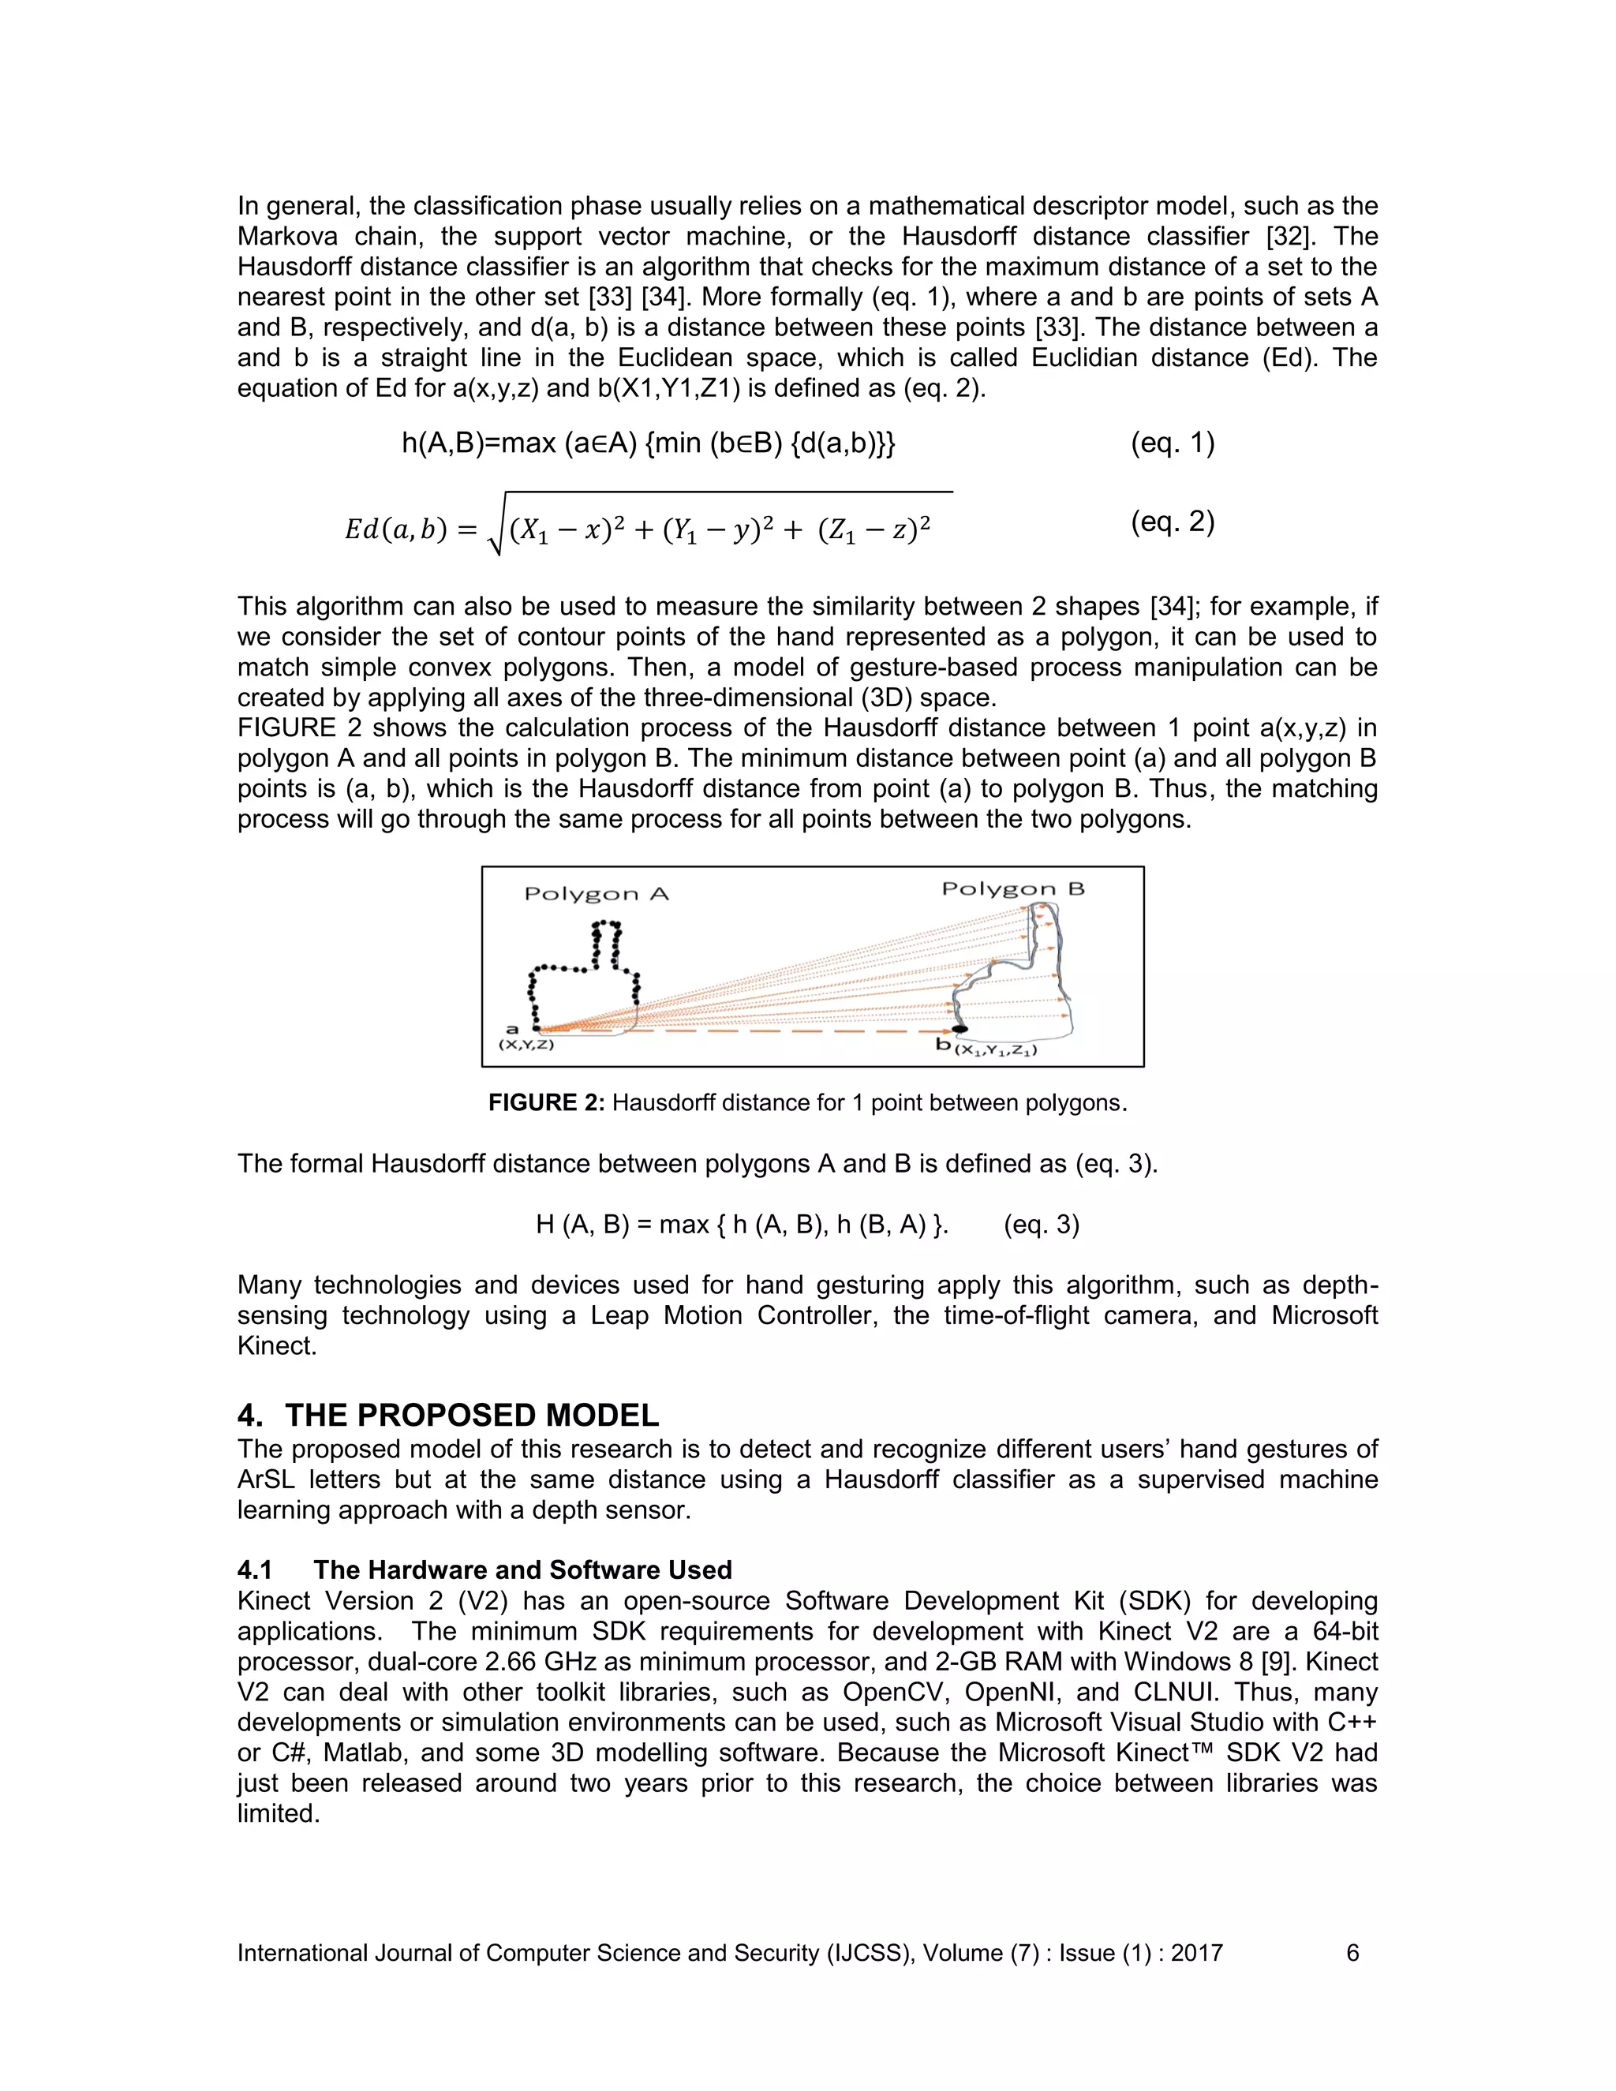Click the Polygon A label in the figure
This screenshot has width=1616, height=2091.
[x=596, y=894]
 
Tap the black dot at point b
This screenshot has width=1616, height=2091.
[x=959, y=1029]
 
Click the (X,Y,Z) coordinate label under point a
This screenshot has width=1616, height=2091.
[x=526, y=1045]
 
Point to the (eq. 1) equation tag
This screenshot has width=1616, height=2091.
[x=1172, y=443]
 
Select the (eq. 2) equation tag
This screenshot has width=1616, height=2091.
[x=1172, y=522]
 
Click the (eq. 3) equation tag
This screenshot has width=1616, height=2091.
[x=1041, y=1225]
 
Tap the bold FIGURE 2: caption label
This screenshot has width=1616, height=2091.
[x=546, y=1103]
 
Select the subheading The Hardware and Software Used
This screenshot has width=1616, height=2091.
[x=522, y=1570]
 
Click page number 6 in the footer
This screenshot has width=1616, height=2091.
[x=1352, y=1953]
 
